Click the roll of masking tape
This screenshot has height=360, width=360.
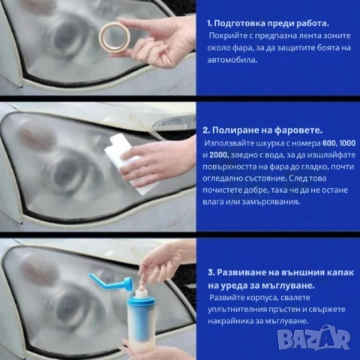pos(115,34)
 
